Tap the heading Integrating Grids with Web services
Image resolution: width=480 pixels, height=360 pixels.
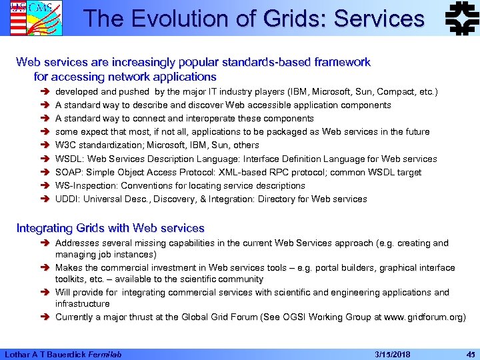110,229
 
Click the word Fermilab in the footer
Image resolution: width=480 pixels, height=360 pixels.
110,353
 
